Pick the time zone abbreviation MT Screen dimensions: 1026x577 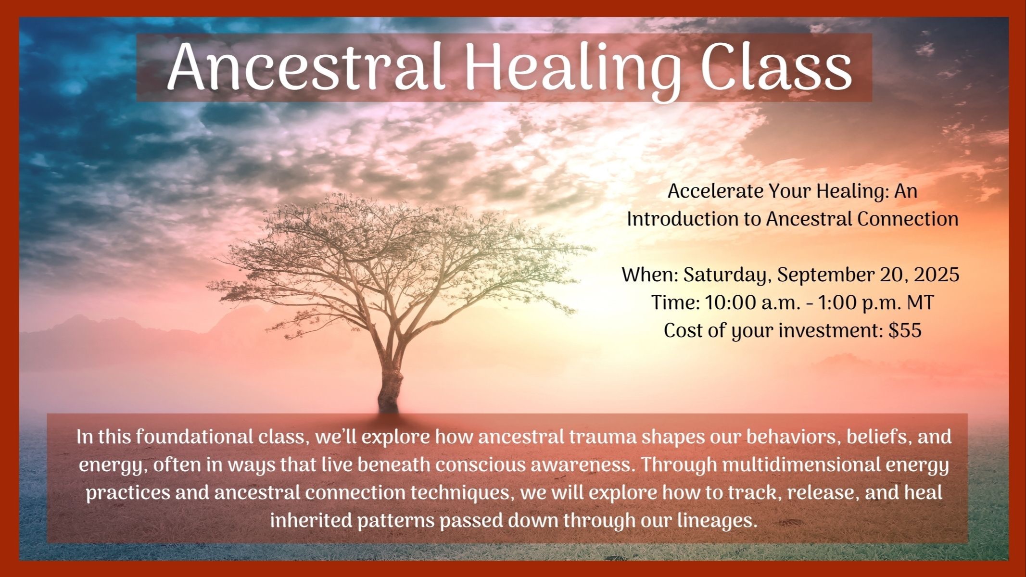[920, 303]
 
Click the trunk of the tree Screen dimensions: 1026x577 [390, 385]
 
